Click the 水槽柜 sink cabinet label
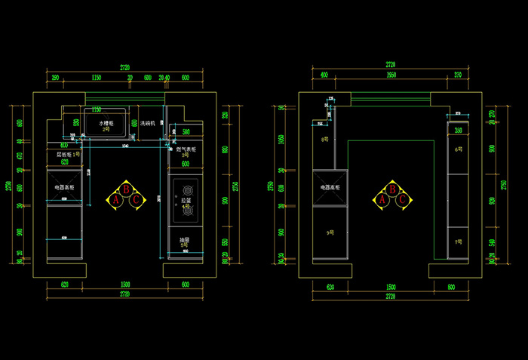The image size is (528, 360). [106, 122]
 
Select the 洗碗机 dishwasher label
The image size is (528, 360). [148, 123]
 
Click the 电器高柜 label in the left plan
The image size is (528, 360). [64, 186]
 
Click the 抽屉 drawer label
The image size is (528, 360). [184, 241]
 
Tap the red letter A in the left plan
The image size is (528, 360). [116, 200]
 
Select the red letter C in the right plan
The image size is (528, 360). [403, 200]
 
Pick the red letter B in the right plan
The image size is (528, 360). [393, 190]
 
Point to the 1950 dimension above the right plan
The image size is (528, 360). [391, 75]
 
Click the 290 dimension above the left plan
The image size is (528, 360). [55, 77]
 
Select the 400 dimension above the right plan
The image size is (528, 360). [324, 75]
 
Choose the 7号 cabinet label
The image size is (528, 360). [458, 242]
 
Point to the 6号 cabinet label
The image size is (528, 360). [458, 149]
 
